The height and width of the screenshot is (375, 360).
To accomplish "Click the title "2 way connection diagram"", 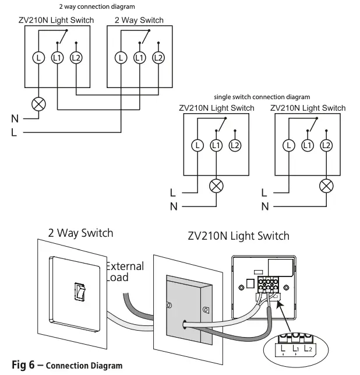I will (x=96, y=7).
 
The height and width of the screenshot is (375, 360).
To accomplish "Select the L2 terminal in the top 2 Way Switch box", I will (x=157, y=57).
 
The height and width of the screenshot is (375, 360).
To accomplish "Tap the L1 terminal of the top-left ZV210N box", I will (x=57, y=57).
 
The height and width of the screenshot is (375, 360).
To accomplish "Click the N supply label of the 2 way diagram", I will (x=14, y=118).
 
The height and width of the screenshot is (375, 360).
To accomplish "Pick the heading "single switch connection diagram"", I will (x=262, y=97).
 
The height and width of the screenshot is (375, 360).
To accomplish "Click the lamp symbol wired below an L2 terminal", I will (x=327, y=186).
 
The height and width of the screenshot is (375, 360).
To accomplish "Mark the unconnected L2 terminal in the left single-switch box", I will (x=235, y=145).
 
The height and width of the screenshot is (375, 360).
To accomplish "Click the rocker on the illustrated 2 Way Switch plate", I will (x=79, y=290).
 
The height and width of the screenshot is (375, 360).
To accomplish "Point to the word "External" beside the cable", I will (x=124, y=267).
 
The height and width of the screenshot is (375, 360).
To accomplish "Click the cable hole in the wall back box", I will (x=185, y=321).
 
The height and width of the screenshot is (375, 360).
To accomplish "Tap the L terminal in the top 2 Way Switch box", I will (x=121, y=57).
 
